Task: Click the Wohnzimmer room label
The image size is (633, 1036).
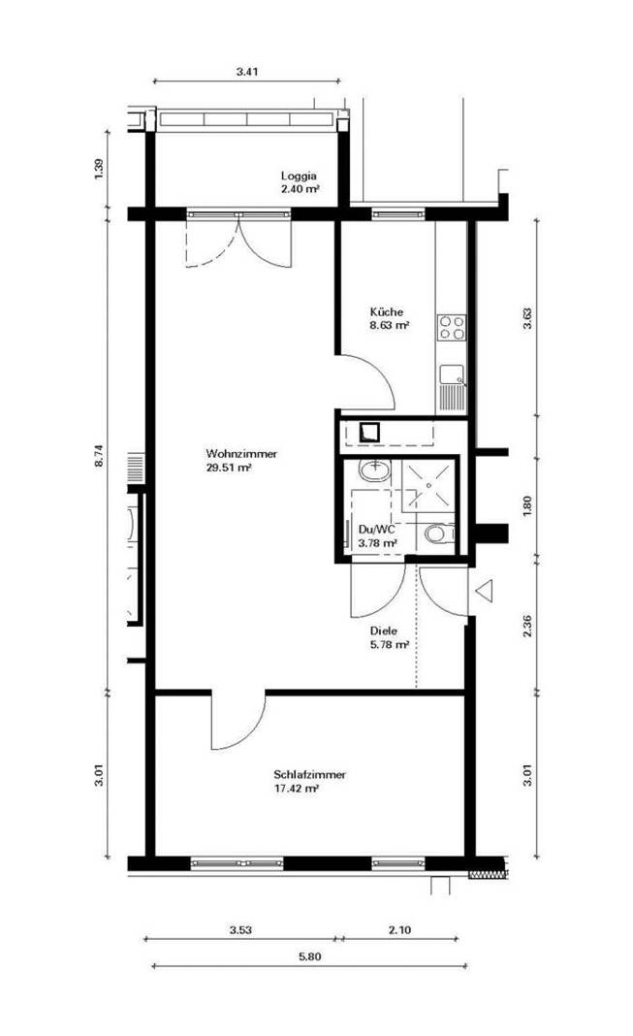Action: pyautogui.click(x=241, y=454)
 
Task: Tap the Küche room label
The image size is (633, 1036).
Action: pyautogui.click(x=386, y=311)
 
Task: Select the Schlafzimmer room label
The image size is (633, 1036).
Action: pyautogui.click(x=309, y=774)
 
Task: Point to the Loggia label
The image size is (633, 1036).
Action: pyautogui.click(x=299, y=176)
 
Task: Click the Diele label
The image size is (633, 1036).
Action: pyautogui.click(x=384, y=631)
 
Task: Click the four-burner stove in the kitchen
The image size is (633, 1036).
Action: pyautogui.click(x=452, y=328)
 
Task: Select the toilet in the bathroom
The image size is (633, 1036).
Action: pyautogui.click(x=438, y=533)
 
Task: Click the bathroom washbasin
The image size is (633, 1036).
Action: pyautogui.click(x=374, y=470)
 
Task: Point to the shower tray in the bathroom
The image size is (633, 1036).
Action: pyautogui.click(x=429, y=486)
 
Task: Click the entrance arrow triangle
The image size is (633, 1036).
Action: pyautogui.click(x=485, y=590)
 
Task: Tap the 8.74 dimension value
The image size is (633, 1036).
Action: pyautogui.click(x=99, y=457)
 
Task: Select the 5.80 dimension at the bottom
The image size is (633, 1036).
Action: pyautogui.click(x=309, y=956)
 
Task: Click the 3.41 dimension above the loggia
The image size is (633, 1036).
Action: pyautogui.click(x=247, y=72)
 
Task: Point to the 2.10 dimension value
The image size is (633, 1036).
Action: pyautogui.click(x=399, y=929)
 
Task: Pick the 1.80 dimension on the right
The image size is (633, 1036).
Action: pyautogui.click(x=526, y=506)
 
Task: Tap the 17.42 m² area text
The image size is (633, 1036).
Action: pyautogui.click(x=297, y=789)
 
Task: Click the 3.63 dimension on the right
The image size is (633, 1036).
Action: pyautogui.click(x=526, y=318)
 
